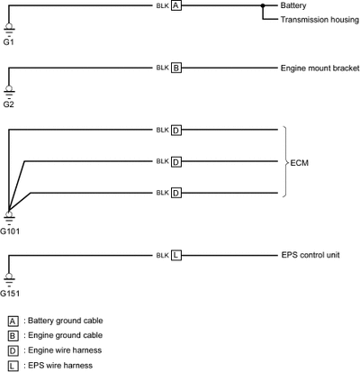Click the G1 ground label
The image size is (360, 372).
coord(8,42)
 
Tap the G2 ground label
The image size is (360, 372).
coord(8,104)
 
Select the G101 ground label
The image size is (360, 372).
coord(10,231)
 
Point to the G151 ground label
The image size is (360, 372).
coord(10,294)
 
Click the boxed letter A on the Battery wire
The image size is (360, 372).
coord(176,5)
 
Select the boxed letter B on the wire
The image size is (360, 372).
coord(176,68)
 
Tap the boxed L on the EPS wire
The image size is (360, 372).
coord(176,255)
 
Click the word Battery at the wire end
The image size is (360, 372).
coord(293,5)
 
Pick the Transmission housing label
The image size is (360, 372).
coord(319,20)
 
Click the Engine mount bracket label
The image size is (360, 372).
coord(319,68)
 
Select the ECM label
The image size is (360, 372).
coord(299,163)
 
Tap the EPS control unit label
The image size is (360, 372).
coord(310,255)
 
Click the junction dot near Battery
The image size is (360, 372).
coord(263,5)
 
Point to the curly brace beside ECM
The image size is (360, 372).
coord(285,161)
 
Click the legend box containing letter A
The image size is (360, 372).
coord(13,322)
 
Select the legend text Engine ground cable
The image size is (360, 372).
coord(65,335)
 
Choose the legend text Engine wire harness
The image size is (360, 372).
coord(65,350)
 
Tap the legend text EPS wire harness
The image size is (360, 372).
coord(60,366)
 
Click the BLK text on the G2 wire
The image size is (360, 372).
coord(163,68)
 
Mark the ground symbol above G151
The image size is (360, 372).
coord(9,278)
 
